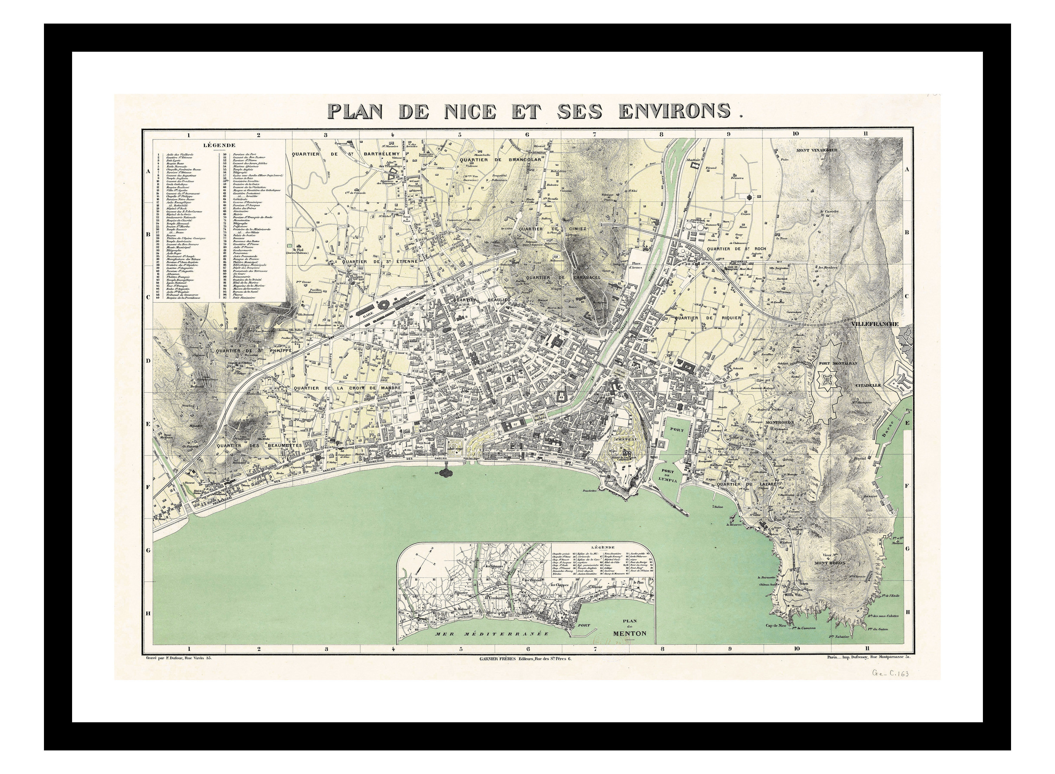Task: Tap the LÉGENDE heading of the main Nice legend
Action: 219,146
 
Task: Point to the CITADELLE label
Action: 869,385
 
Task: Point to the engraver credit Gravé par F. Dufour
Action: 179,658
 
